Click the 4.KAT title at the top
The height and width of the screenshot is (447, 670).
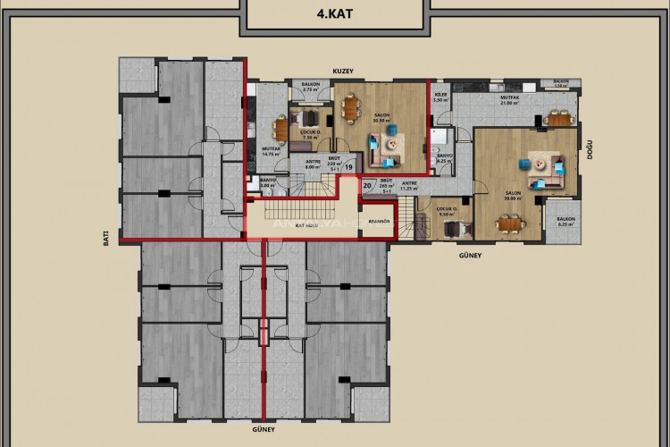(x=336, y=14)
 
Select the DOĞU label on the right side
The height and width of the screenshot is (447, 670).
(x=590, y=156)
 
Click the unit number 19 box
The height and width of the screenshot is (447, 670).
(x=349, y=166)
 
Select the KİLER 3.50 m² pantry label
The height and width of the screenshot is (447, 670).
(x=440, y=97)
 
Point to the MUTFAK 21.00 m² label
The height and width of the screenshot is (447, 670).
(x=509, y=101)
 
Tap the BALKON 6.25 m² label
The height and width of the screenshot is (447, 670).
(x=565, y=223)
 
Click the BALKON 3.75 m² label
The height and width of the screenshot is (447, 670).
(x=312, y=88)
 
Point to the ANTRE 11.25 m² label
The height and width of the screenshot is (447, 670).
(x=409, y=186)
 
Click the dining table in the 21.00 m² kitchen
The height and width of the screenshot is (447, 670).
(x=560, y=121)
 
